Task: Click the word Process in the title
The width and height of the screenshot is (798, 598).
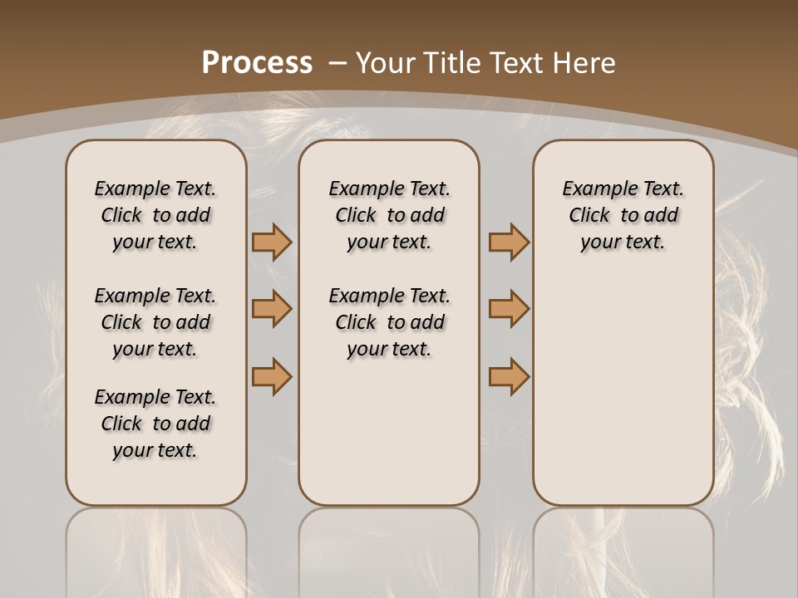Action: (257, 63)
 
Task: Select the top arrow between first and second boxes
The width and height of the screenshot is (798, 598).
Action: (272, 243)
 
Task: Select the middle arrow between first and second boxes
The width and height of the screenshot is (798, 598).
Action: (272, 309)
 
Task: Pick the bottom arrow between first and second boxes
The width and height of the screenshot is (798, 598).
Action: (272, 376)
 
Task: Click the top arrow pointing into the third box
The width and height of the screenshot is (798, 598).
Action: (509, 243)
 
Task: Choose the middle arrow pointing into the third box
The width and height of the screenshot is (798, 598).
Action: (509, 309)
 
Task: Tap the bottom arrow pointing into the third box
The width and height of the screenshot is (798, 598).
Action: (509, 376)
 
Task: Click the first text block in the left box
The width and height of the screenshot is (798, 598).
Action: (155, 215)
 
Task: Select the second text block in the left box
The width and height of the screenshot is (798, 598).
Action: (155, 322)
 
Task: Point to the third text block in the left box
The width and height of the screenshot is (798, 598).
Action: (155, 424)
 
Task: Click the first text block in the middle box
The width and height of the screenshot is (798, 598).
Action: (389, 215)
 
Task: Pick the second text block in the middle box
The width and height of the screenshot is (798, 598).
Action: (389, 322)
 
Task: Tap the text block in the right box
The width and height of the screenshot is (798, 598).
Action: (623, 215)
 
